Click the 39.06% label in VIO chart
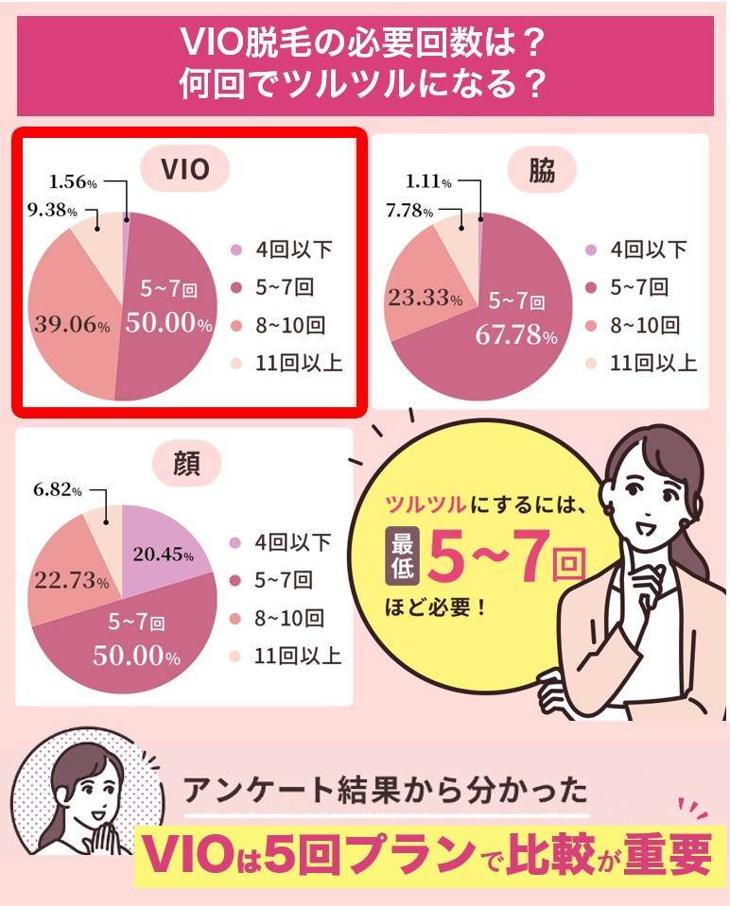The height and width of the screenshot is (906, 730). click(73, 325)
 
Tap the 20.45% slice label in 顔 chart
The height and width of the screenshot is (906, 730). click(163, 556)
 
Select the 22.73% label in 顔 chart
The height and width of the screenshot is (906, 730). click(73, 580)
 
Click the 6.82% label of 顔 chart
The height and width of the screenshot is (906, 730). click(57, 491)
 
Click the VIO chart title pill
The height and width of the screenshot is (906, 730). click(184, 169)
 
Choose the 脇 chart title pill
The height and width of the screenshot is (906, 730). click(542, 169)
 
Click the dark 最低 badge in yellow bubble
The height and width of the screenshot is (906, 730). click(401, 555)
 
